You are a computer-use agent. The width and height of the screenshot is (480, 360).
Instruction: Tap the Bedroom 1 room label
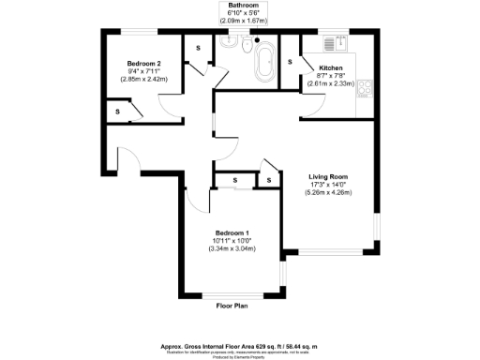coord(231,232)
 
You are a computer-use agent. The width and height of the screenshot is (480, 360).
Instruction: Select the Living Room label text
coord(329,176)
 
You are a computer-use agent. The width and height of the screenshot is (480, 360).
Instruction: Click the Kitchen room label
coord(330,68)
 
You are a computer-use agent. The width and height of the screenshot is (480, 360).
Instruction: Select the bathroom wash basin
coord(228,42)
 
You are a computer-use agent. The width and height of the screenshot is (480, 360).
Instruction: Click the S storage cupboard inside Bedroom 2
coord(118,112)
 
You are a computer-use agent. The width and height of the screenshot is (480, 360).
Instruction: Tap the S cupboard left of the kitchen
coord(290,63)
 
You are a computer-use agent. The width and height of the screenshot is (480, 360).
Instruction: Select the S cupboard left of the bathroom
coord(198,47)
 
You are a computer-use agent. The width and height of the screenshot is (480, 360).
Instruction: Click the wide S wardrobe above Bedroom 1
coord(234,180)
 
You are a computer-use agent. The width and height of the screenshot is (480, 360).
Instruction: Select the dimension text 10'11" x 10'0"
coord(231,241)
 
